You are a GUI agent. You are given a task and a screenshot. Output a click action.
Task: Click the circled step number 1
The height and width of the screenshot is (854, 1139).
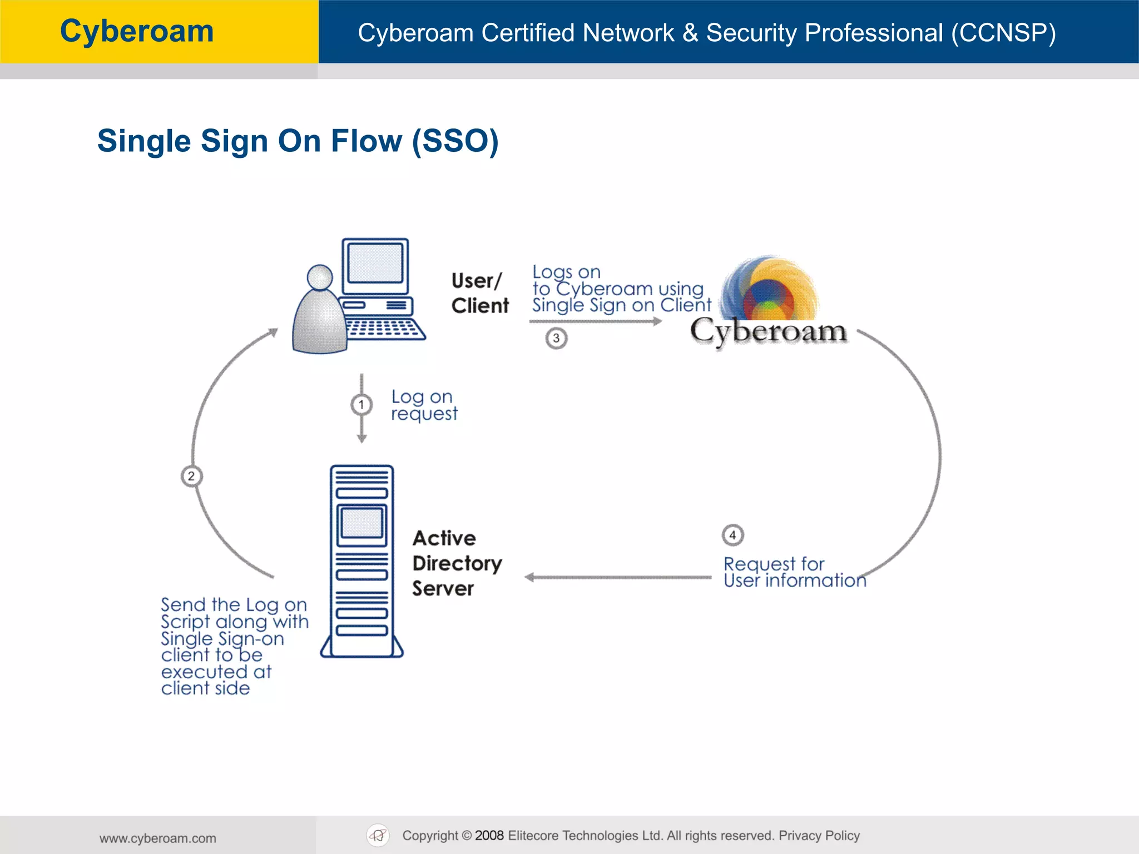[361, 405]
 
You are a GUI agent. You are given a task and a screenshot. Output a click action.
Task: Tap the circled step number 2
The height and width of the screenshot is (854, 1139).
[191, 476]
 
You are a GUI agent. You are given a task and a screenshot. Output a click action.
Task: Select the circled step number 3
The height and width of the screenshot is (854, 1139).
[556, 338]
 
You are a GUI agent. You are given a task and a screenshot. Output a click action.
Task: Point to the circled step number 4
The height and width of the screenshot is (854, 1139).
[732, 535]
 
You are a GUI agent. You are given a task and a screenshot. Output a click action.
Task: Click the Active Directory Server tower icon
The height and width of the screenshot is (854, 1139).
[361, 562]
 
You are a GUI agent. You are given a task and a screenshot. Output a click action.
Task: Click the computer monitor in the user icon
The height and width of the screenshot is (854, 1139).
[375, 265]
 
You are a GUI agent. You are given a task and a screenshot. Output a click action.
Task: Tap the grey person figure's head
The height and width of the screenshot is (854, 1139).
[320, 277]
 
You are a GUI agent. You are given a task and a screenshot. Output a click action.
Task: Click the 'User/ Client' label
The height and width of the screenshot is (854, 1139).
[479, 293]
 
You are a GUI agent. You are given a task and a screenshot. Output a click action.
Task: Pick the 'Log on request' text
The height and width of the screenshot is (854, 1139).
[424, 405]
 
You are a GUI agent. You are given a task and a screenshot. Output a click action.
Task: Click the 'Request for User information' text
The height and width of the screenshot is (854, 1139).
[794, 572]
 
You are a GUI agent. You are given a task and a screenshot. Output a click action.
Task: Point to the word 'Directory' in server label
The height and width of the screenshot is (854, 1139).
[457, 563]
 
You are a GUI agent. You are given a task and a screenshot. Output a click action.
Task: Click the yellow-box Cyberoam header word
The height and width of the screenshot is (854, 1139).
[137, 31]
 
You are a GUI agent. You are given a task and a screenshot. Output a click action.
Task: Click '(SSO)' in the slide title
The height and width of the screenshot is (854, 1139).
[455, 141]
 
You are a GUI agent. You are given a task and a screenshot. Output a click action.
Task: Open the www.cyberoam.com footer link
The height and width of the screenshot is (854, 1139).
[158, 838]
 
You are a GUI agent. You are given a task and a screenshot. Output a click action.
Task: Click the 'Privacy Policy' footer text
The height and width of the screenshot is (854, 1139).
[819, 835]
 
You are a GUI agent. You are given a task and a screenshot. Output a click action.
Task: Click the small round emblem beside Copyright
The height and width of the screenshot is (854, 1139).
[378, 835]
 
